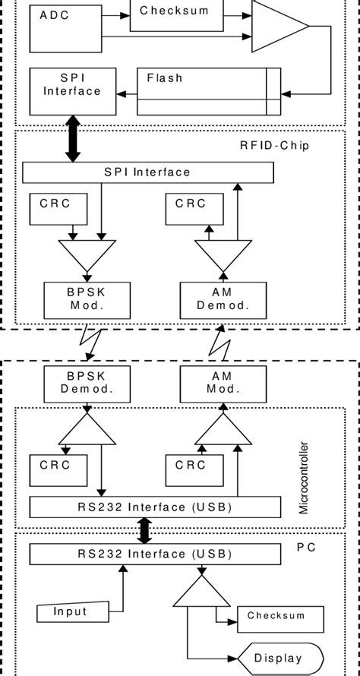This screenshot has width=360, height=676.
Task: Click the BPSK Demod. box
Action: coord(88,384)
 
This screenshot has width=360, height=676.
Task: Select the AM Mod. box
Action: coord(224,384)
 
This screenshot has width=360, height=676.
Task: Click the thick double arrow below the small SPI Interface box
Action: coord(73,138)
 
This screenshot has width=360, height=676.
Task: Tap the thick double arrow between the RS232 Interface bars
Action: coord(144,531)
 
